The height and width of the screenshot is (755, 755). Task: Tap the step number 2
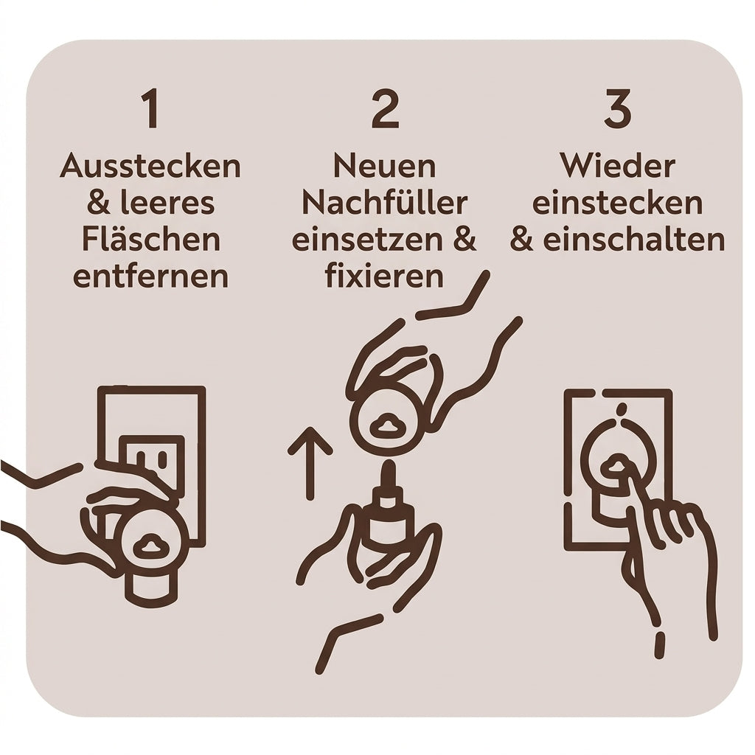tap(385, 109)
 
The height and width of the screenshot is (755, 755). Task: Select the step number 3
tap(618, 109)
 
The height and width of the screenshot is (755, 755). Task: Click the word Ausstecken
tap(150, 166)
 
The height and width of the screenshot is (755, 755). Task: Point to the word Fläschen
tap(150, 240)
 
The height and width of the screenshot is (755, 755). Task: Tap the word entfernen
tap(150, 276)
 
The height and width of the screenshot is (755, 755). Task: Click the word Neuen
tap(385, 167)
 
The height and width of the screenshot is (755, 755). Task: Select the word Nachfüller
tap(385, 203)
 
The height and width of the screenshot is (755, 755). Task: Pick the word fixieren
tap(384, 276)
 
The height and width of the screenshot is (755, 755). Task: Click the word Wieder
tap(618, 166)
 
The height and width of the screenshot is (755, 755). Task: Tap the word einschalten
tap(634, 240)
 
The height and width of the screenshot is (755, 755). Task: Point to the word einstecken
tap(618, 203)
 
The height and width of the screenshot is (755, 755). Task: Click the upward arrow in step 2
tap(310, 463)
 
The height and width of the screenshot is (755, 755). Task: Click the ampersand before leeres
tap(100, 203)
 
